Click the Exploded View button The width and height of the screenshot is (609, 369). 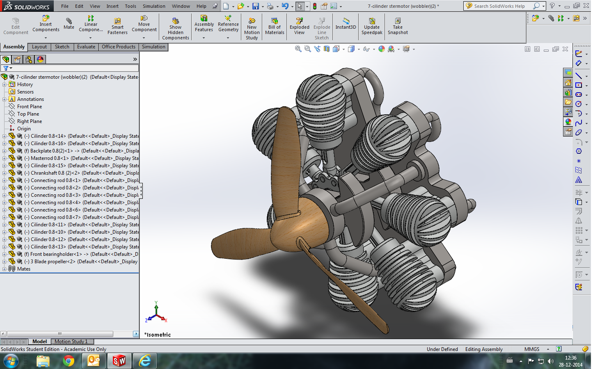click(300, 26)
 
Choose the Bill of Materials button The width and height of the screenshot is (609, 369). click(275, 26)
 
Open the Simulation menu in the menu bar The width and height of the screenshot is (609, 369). click(154, 6)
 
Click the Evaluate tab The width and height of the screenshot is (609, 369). click(86, 47)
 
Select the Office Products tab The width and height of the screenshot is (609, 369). click(119, 47)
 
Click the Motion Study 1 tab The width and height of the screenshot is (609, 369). click(71, 342)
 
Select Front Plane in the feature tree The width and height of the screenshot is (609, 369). click(30, 107)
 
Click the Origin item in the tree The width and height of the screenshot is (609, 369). click(24, 129)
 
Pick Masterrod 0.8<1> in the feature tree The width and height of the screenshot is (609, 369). click(47, 158)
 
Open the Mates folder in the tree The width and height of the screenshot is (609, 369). click(24, 269)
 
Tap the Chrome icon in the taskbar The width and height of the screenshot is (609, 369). click(69, 361)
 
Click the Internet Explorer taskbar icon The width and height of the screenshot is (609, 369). click(145, 361)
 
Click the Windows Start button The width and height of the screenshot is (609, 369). click(11, 361)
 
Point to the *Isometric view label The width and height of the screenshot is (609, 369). click(158, 335)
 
